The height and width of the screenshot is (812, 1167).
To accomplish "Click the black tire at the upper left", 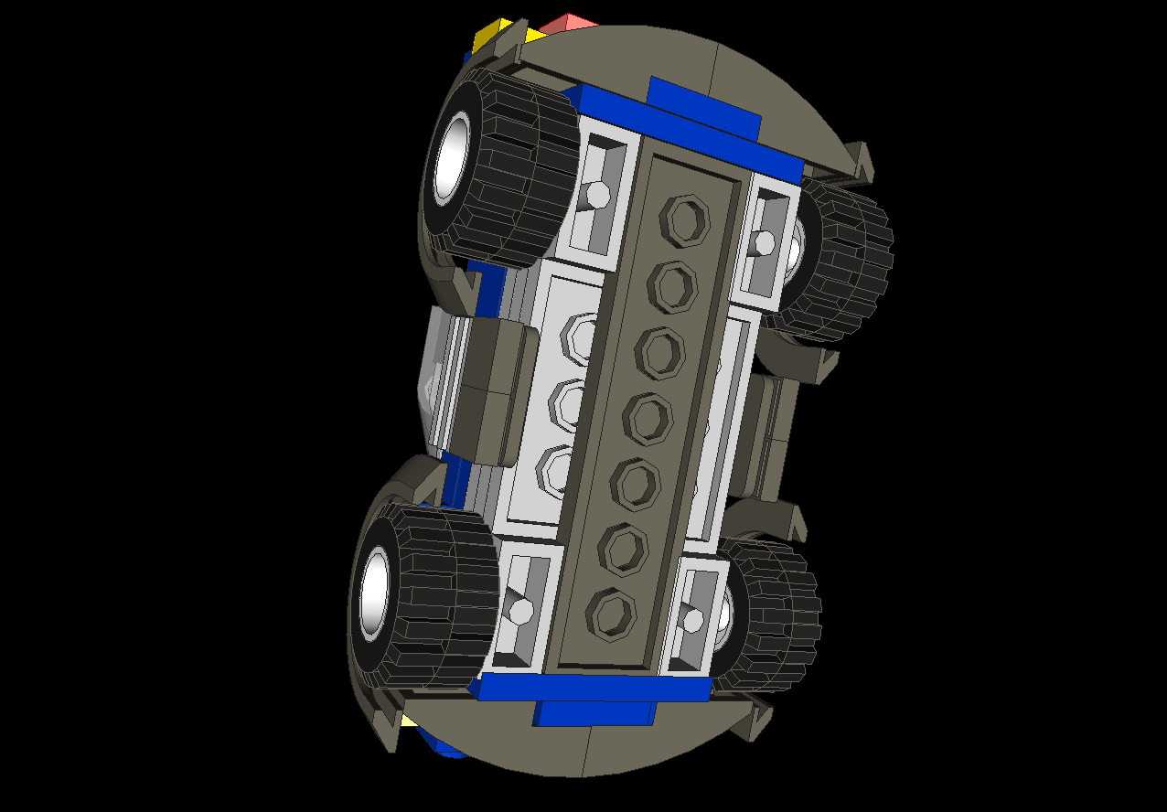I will pyautogui.click(x=521, y=169).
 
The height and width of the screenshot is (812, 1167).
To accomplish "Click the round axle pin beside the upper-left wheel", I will pyautogui.click(x=597, y=195).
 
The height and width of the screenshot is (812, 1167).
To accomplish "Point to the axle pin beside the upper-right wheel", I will pyautogui.click(x=765, y=242).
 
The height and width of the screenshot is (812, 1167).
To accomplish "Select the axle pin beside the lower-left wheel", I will pyautogui.click(x=520, y=610).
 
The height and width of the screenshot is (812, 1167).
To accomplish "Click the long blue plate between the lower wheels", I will pyautogui.click(x=594, y=688).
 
